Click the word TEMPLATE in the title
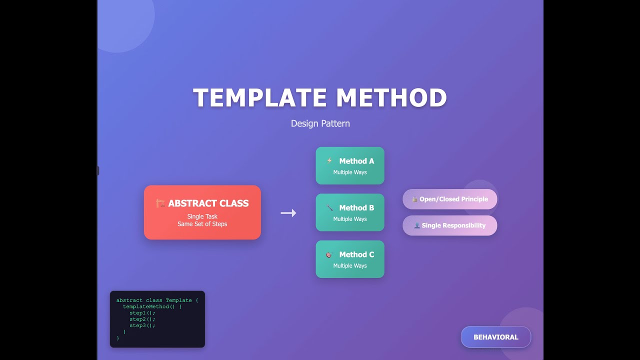point(259,97)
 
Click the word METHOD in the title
point(391,97)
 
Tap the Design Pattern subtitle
point(320,123)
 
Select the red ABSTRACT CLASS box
point(202,212)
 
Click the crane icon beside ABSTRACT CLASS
point(160,203)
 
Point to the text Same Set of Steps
point(202,224)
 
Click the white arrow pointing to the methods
point(288,213)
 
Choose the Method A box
point(350,165)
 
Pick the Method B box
point(350,212)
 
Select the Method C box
point(350,259)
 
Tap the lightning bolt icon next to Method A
point(329,160)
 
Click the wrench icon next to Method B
point(329,207)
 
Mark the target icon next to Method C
point(329,254)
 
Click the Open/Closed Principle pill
point(449,199)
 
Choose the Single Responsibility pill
point(449,225)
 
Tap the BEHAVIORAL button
point(496,337)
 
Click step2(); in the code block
point(142,319)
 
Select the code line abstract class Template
point(154,300)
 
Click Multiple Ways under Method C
point(350,265)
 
